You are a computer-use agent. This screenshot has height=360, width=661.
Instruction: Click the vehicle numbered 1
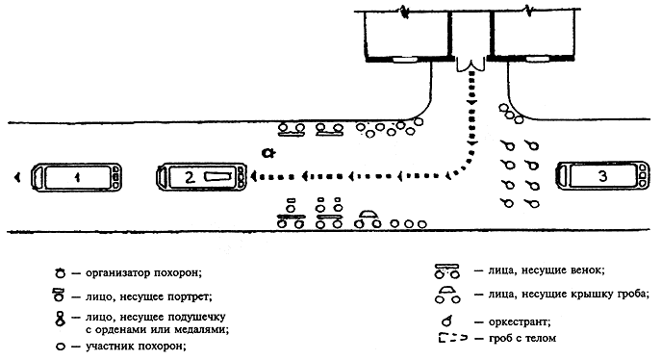click(76, 177)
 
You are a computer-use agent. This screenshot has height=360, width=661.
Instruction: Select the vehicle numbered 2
click(202, 176)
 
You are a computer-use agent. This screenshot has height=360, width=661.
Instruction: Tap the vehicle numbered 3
click(602, 175)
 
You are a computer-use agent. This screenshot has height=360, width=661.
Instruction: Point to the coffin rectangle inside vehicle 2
click(218, 176)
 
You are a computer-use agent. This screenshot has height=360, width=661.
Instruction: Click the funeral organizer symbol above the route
click(267, 153)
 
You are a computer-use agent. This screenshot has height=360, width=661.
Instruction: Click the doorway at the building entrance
click(470, 64)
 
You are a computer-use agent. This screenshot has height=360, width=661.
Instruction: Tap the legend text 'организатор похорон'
click(143, 272)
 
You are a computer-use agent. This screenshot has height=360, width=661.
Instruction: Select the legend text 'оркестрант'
click(520, 322)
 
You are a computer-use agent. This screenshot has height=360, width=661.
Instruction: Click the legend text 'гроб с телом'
click(521, 338)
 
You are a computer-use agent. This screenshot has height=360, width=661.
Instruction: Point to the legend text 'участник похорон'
click(136, 347)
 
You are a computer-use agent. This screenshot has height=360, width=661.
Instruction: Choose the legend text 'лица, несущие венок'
click(547, 270)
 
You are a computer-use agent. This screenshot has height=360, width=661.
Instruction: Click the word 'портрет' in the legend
click(190, 297)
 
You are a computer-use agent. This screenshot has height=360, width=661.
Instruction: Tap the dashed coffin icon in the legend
click(453, 338)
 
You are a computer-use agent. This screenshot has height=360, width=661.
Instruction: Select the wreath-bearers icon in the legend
click(446, 271)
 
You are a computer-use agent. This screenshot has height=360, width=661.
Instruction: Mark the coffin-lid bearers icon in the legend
click(447, 296)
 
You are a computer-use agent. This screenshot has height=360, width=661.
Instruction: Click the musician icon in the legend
click(446, 321)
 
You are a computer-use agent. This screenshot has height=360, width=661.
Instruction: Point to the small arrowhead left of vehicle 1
click(17, 177)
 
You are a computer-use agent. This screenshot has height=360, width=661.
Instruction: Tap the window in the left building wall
click(405, 60)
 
